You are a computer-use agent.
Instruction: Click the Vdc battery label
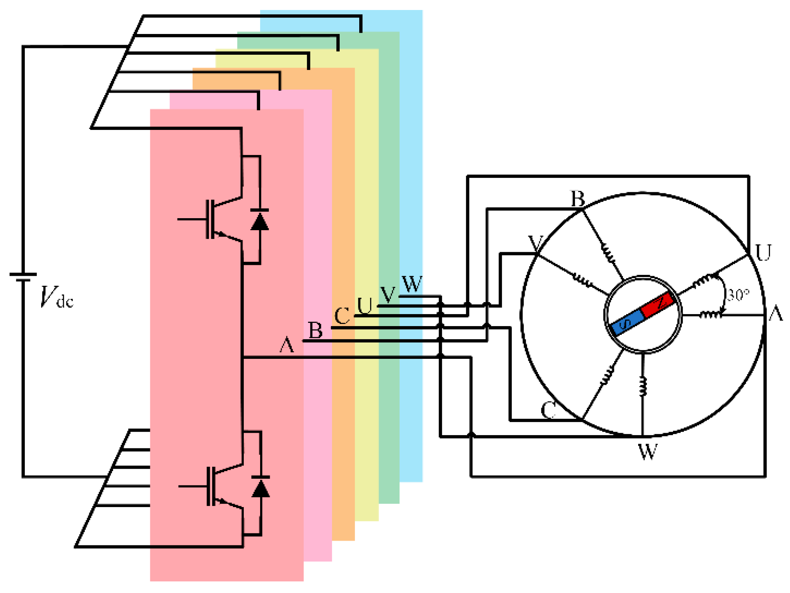(x=56, y=297)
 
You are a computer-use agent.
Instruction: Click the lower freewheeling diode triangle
(x=261, y=488)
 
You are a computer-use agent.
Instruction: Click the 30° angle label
(x=738, y=295)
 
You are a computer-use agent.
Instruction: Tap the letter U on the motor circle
(x=763, y=253)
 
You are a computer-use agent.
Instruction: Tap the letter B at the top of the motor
(x=578, y=199)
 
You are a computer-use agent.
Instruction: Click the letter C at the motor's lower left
(x=548, y=410)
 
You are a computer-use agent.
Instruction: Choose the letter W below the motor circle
(x=648, y=452)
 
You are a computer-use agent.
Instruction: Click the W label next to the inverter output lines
(x=412, y=284)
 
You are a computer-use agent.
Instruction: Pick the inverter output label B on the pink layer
(x=316, y=330)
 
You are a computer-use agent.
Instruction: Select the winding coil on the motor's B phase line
(x=609, y=253)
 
